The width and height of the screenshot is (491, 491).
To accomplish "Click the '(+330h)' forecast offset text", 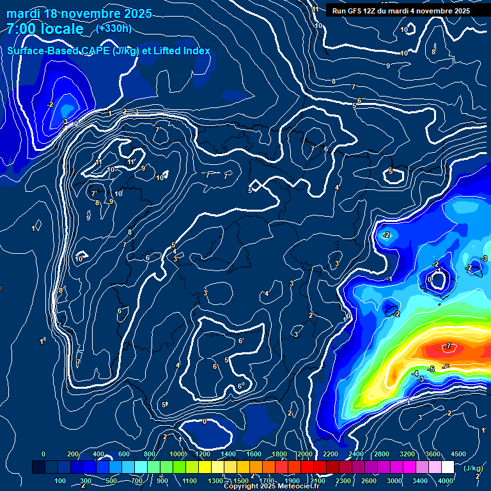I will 113,28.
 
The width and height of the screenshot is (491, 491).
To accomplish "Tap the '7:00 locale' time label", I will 45,29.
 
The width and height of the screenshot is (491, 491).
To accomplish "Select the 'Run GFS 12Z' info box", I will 401,11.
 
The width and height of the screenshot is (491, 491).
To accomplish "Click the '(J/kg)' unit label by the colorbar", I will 473,468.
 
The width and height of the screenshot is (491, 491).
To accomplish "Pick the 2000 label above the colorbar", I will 305,454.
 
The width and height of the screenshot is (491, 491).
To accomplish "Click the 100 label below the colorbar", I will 61,481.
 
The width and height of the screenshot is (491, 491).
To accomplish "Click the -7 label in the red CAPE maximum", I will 448,347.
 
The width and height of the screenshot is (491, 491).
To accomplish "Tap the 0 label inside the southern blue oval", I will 204,421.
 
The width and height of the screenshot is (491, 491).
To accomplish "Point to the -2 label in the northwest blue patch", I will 51,104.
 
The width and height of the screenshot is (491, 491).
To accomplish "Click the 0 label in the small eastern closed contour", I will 430,279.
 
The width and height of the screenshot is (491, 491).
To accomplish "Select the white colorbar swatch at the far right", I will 448,467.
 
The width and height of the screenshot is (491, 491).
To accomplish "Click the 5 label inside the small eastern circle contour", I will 391,171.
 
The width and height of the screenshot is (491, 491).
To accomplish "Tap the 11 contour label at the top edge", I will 315,9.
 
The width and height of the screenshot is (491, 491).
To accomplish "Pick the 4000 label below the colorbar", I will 446,481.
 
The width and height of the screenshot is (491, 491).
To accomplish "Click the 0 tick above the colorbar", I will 43,454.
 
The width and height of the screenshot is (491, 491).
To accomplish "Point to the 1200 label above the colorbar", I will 203,454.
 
